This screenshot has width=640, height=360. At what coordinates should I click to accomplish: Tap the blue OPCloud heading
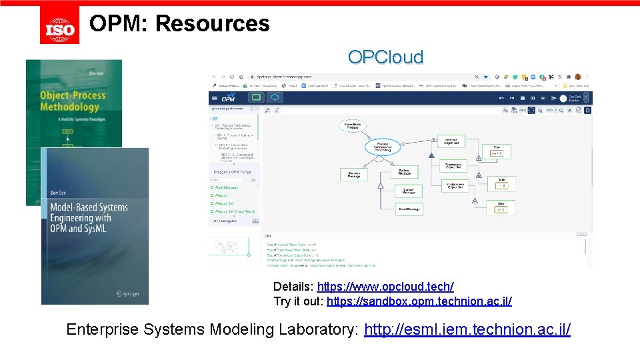coord(385,57)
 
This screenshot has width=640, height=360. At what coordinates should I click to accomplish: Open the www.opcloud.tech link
coord(385,287)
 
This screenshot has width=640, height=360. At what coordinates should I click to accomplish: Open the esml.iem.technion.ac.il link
coord(467,329)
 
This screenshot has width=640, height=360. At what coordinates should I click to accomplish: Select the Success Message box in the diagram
coord(354,175)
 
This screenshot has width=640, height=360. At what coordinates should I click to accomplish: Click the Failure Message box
coord(405,172)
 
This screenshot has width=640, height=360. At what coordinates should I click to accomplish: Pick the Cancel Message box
coord(409,191)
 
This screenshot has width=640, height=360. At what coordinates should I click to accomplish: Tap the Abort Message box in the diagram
coord(409,209)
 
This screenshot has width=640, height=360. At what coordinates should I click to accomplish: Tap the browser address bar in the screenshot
coord(360,77)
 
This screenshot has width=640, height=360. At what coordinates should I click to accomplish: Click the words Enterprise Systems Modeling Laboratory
coord(213,329)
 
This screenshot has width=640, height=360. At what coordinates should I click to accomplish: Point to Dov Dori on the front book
coord(61,193)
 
